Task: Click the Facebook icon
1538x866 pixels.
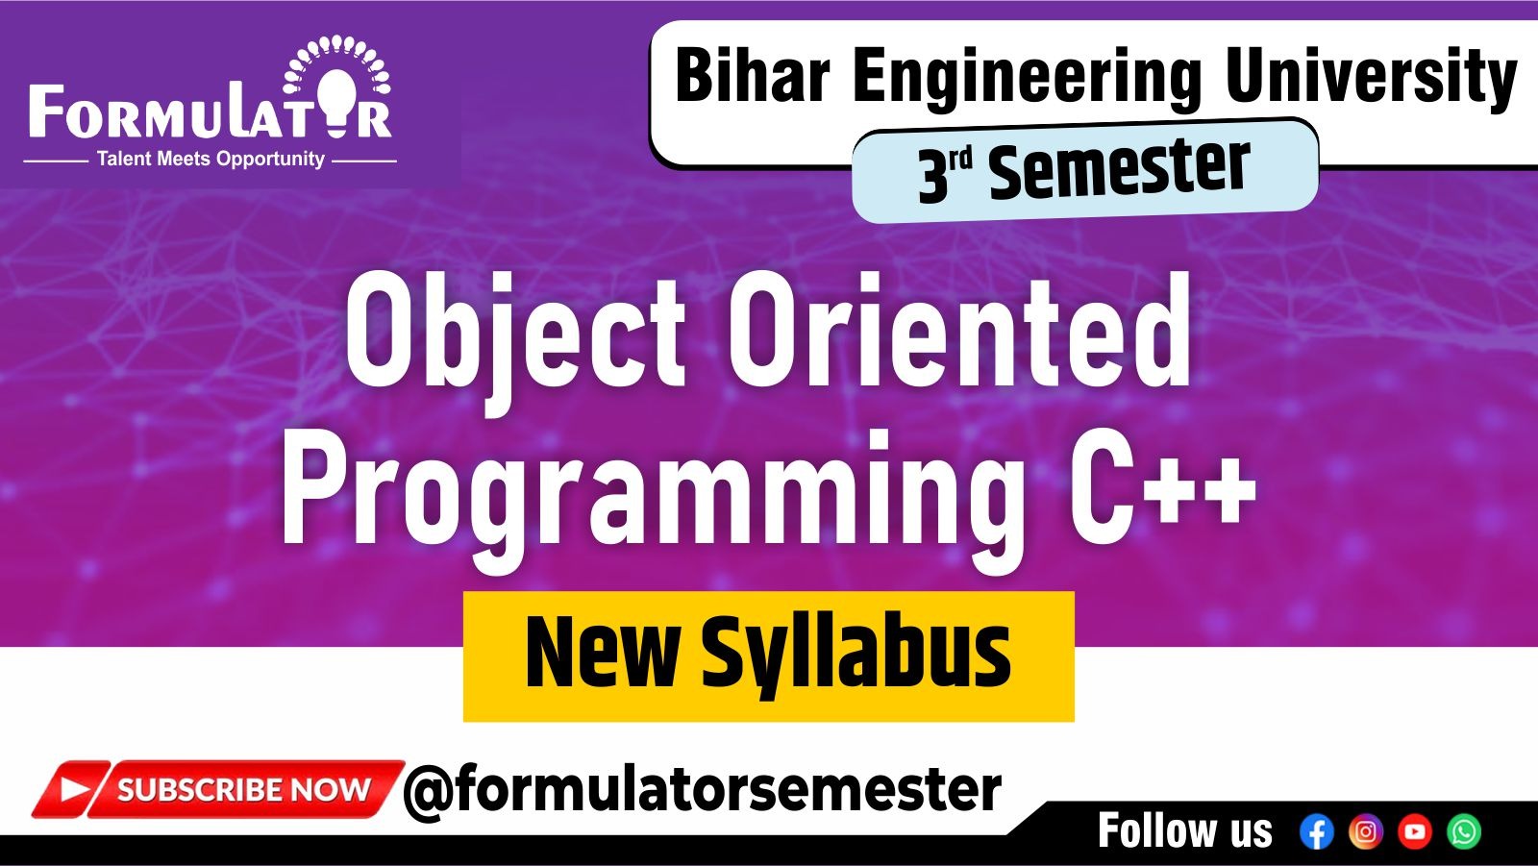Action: (x=1316, y=831)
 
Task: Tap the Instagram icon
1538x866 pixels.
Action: (x=1365, y=831)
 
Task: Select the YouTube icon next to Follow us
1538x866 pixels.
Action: (x=1414, y=831)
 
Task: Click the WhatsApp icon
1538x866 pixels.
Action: (x=1464, y=831)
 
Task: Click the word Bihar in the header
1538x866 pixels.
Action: (x=752, y=76)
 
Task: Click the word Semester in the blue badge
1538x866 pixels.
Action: (x=1119, y=170)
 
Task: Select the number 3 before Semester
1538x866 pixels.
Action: (x=931, y=177)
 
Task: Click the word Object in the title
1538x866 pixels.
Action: (x=515, y=332)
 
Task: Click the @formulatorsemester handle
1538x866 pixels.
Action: (x=703, y=790)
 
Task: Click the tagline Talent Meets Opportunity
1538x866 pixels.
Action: (x=211, y=160)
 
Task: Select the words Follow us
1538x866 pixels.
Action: (x=1184, y=831)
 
